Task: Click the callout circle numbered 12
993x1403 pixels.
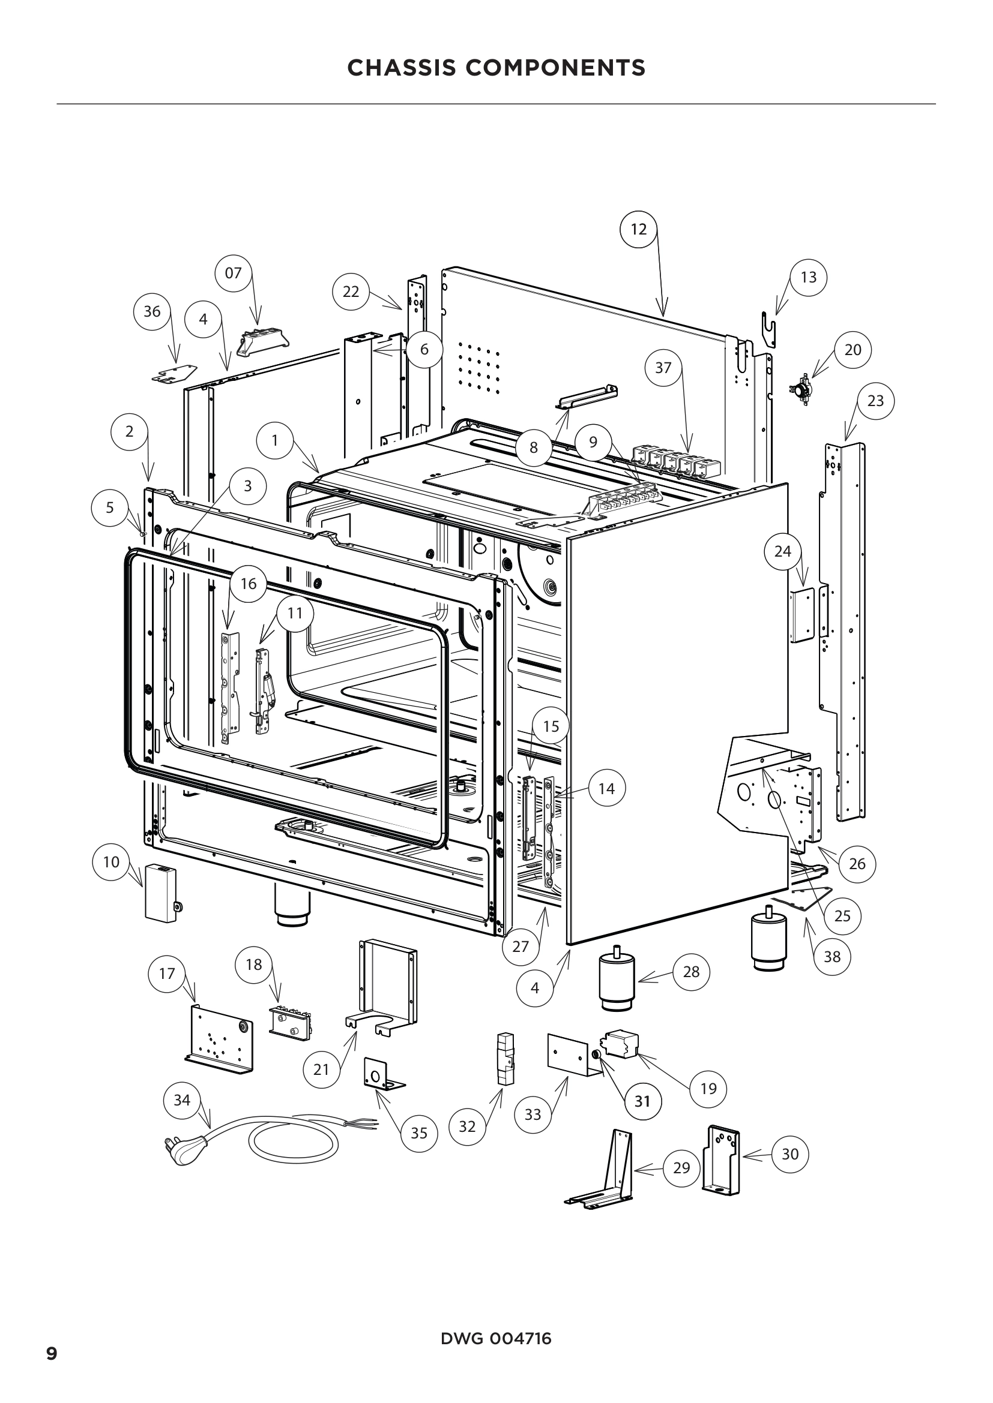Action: [x=638, y=229]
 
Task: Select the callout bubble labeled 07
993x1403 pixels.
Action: [x=234, y=273]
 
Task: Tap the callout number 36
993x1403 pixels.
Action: [x=152, y=312]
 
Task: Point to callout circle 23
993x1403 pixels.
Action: [x=875, y=401]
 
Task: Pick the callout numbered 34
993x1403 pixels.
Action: [x=183, y=1100]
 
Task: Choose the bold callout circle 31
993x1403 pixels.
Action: [x=642, y=1101]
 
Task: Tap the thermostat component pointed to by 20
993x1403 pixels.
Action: [x=800, y=388]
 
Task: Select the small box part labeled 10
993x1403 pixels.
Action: [x=160, y=892]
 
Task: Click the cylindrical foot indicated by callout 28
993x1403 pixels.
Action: [x=618, y=984]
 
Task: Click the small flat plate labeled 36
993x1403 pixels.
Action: [x=174, y=374]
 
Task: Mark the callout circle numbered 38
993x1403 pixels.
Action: [x=832, y=956]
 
